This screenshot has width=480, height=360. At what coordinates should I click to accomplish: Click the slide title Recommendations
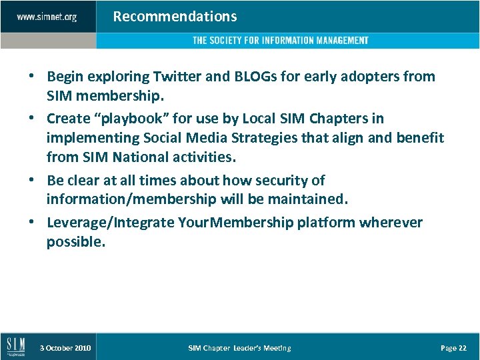175,16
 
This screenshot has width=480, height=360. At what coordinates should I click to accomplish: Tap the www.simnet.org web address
47,17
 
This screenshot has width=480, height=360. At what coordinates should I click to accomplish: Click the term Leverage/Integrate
111,222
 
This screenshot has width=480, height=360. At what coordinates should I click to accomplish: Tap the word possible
75,242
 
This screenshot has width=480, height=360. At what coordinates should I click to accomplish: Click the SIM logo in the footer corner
16,347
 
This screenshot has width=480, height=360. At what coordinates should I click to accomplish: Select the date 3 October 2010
65,348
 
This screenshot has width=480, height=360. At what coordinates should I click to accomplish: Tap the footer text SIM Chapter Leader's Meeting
239,348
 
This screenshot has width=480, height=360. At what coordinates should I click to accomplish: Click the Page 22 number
453,348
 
